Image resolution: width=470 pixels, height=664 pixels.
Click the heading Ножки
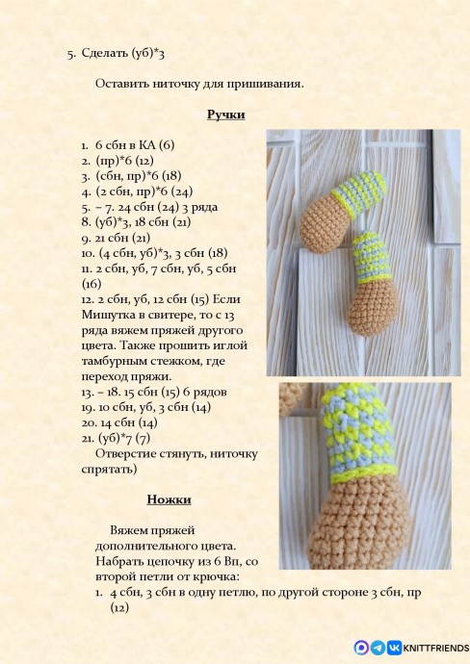coord(170,499)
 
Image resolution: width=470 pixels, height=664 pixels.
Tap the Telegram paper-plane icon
coord(379,648)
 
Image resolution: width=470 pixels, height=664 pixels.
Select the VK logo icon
coord(393,648)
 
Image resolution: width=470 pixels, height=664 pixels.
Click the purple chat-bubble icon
coord(362,648)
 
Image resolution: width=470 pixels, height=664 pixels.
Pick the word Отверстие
coord(129,453)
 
